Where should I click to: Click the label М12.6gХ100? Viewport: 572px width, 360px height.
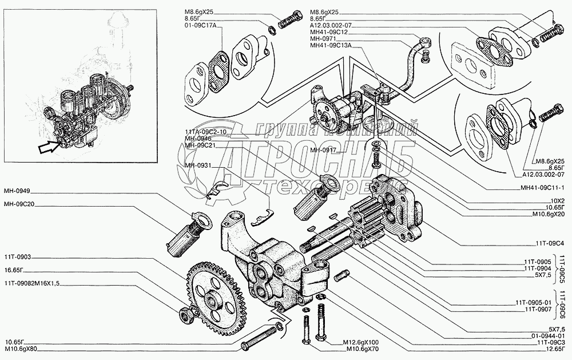tap(363, 343)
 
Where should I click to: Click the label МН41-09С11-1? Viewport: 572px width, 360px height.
tap(542, 187)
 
